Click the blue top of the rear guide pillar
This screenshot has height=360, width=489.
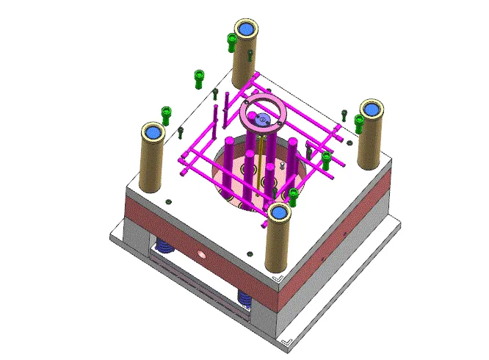[x=246, y=29]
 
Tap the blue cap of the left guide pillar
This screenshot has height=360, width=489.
[x=153, y=132]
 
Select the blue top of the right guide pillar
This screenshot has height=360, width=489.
[x=371, y=109]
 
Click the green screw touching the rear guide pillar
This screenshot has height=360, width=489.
[x=231, y=40]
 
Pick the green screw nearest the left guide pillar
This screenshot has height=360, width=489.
[x=167, y=115]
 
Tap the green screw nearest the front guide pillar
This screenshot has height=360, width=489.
[x=293, y=195]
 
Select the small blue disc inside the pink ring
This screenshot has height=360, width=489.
[x=263, y=118]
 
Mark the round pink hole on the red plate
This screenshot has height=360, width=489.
[x=200, y=256]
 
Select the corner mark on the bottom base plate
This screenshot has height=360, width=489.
[x=289, y=340]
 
